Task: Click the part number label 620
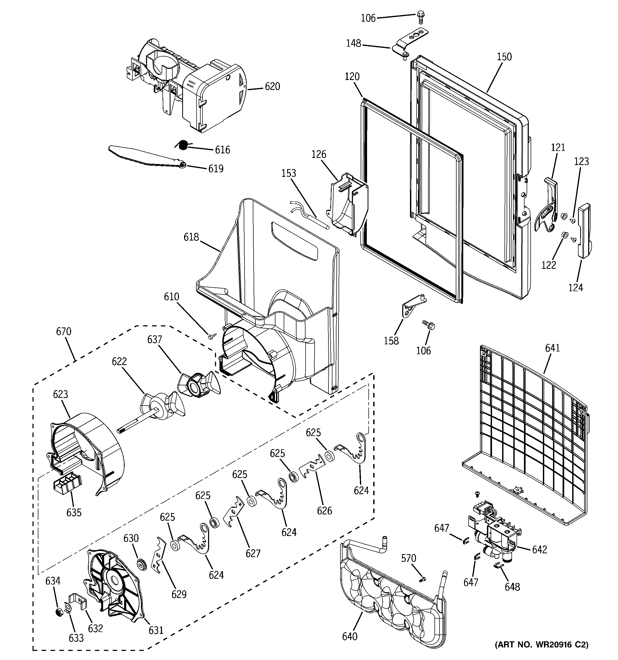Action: tap(272, 87)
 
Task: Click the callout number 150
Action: tap(504, 57)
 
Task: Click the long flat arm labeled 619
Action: tap(146, 157)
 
